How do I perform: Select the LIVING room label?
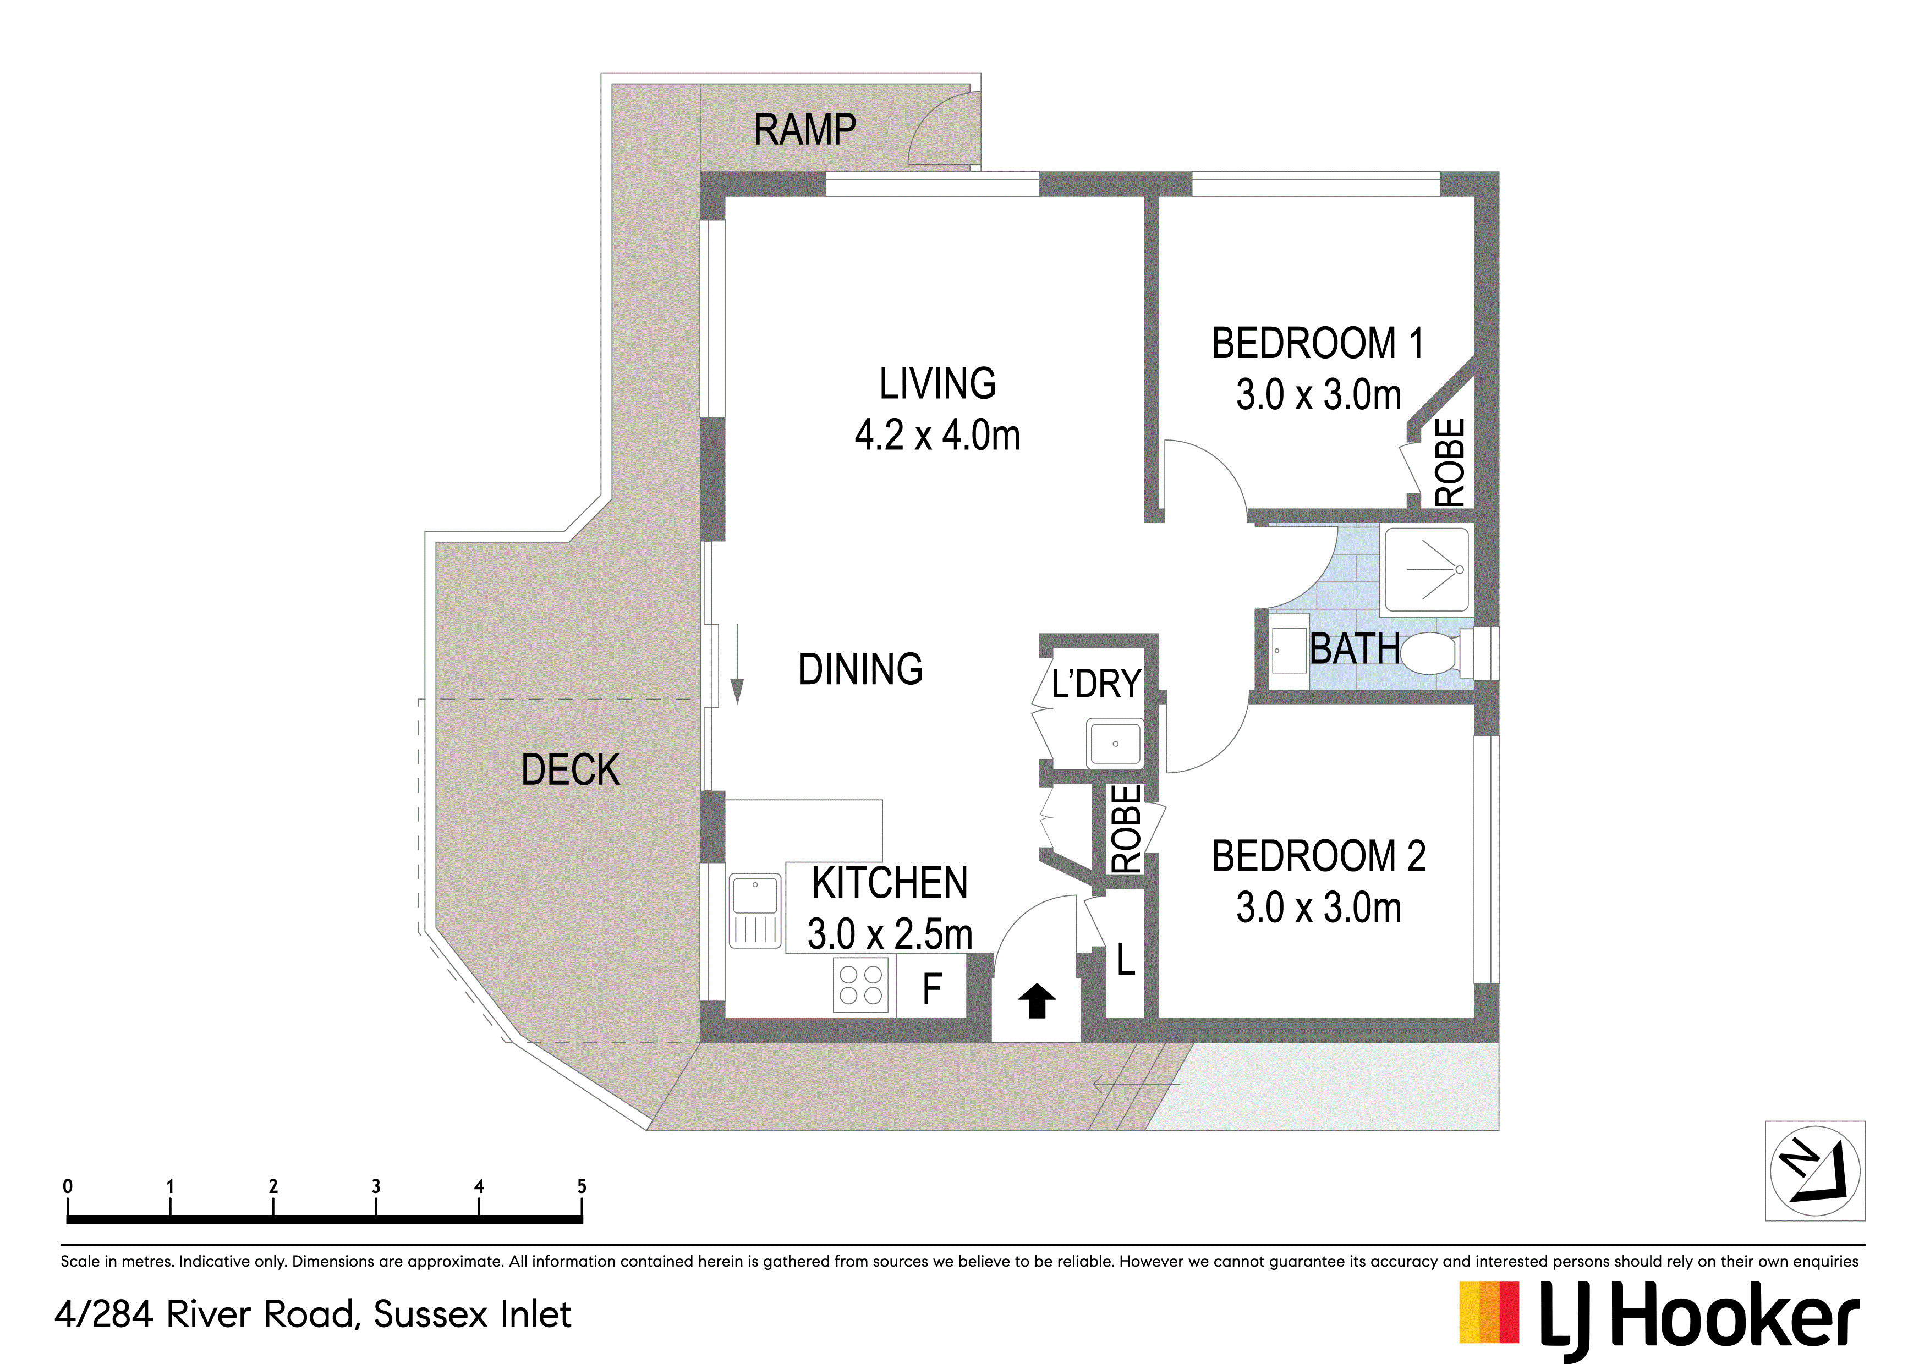pos(937,383)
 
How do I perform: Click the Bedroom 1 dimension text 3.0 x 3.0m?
pos(1318,394)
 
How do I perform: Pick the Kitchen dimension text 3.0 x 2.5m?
pos(889,934)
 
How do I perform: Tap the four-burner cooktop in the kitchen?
pos(861,985)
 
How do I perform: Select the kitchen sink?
pos(756,911)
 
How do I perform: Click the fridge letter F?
pos(931,989)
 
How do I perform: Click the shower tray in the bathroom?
pos(1427,569)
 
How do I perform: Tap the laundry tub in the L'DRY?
pos(1115,743)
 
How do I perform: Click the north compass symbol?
pos(1815,1171)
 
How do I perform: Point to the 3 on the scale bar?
pos(376,1186)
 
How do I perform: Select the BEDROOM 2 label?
pos(1318,856)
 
